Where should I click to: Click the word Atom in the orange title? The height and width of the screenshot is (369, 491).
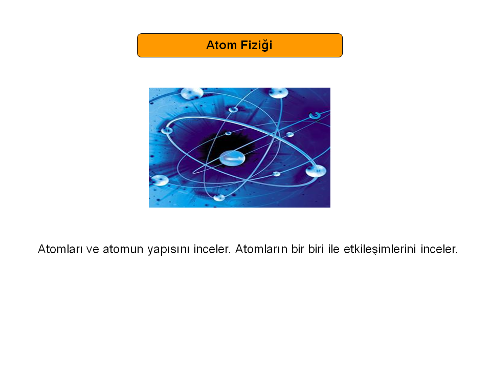pyautogui.click(x=221, y=45)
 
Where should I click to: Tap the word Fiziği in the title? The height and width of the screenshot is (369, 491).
pyautogui.click(x=256, y=46)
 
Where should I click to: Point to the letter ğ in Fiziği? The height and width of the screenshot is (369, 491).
pyautogui.click(x=266, y=46)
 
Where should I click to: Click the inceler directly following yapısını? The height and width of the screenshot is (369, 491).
pyautogui.click(x=212, y=249)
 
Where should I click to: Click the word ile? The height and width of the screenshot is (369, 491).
pyautogui.click(x=334, y=249)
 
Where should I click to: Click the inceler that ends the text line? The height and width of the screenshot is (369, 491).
pyautogui.click(x=439, y=249)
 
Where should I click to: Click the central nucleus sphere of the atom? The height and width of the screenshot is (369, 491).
pyautogui.click(x=232, y=158)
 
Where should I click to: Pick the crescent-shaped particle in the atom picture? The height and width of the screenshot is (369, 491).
pyautogui.click(x=315, y=115)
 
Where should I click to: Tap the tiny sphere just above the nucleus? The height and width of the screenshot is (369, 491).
pyautogui.click(x=228, y=133)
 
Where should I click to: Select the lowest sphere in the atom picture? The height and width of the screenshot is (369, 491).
pyautogui.click(x=219, y=198)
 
